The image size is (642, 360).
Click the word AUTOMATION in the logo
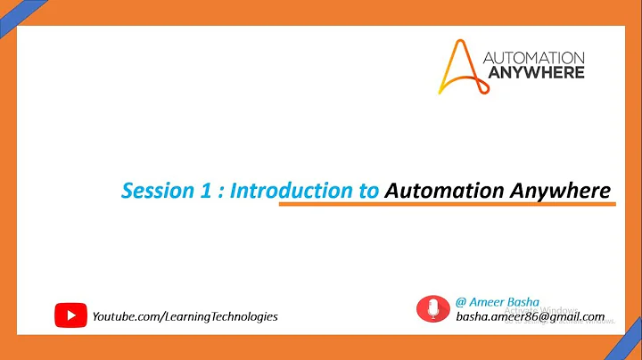(533, 56)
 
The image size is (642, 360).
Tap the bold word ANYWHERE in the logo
(533, 71)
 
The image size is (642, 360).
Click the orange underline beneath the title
(447, 205)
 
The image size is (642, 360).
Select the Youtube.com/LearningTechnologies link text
(185, 315)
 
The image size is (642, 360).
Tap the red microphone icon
(434, 308)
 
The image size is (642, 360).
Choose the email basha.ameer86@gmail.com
(531, 316)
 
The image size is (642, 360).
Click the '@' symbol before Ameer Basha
(461, 302)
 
